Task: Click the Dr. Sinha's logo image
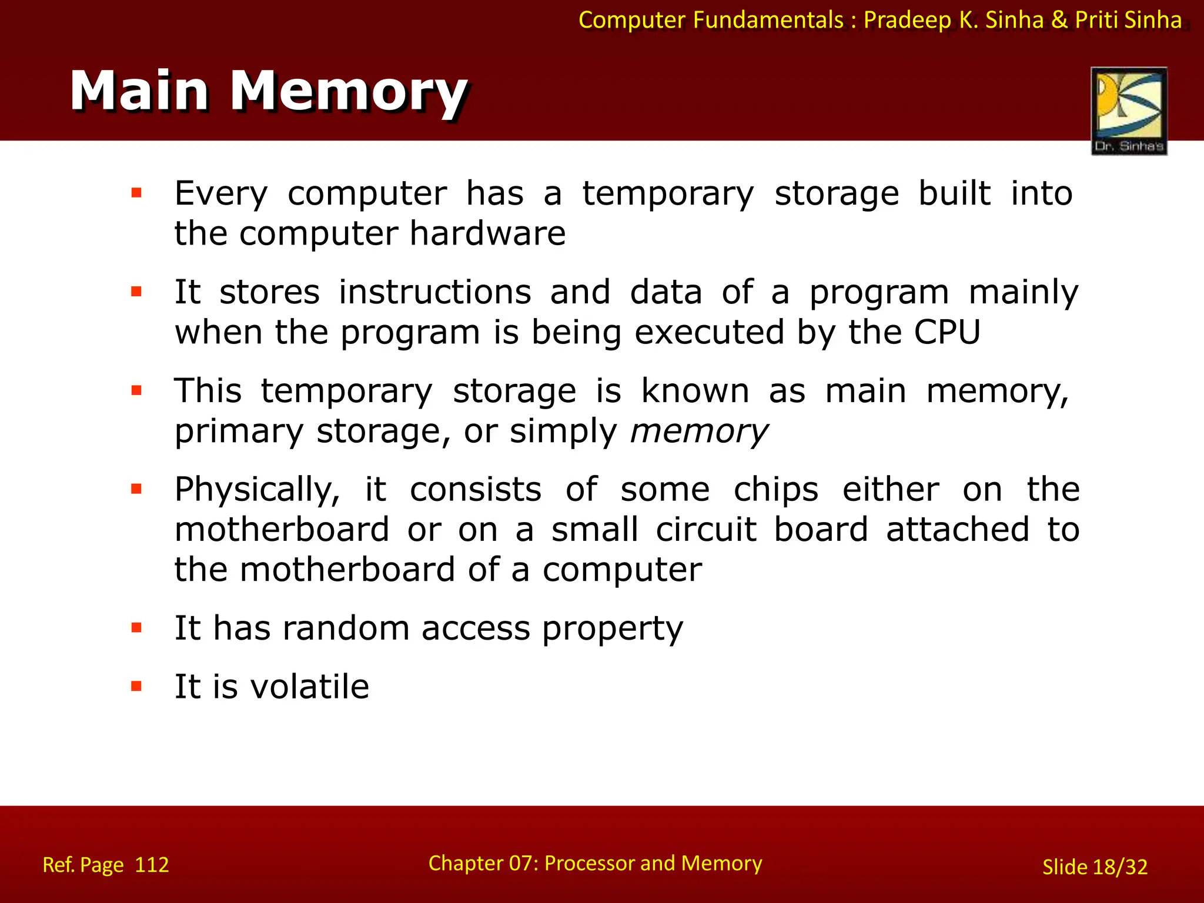coord(1129,110)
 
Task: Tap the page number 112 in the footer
coord(152,865)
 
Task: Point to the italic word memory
coord(698,432)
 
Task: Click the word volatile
coord(309,686)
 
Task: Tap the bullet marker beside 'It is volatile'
coord(137,686)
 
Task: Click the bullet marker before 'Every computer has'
coord(137,193)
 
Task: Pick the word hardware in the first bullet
coord(487,233)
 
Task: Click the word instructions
coord(435,292)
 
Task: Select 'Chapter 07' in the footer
coord(481,863)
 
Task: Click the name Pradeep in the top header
coord(907,20)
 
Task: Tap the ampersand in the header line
coord(1059,20)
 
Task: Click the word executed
coord(710,332)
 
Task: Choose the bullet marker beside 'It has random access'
coord(137,628)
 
